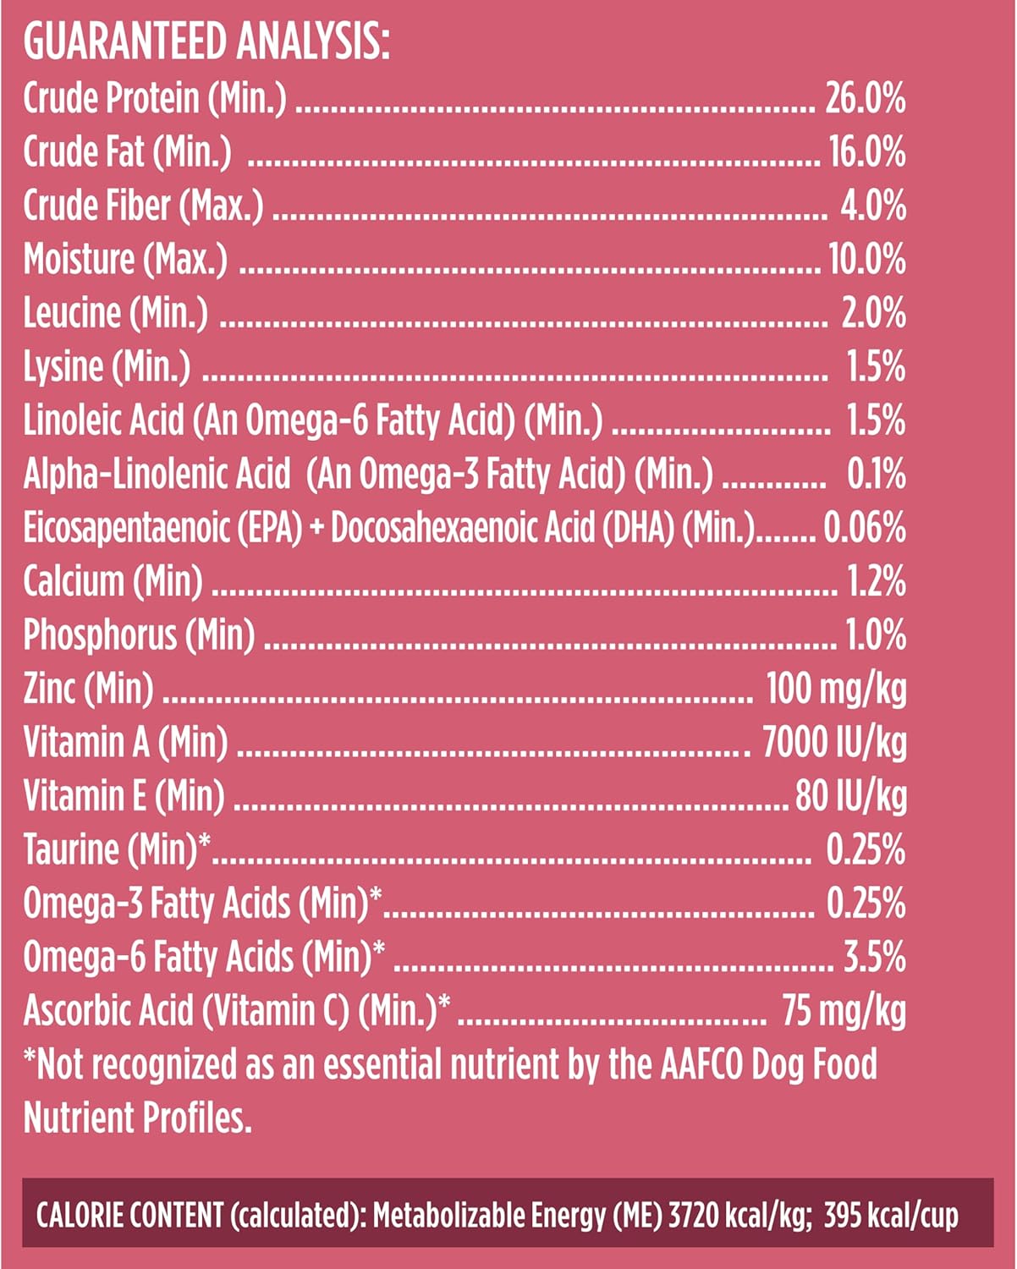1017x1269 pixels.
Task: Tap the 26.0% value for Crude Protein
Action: (865, 99)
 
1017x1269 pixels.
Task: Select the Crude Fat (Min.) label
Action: (127, 152)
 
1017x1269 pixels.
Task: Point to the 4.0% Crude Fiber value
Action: (872, 206)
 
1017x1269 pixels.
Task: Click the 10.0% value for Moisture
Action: (866, 260)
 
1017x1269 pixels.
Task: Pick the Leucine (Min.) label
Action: (115, 313)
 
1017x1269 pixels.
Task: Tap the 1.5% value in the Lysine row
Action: (876, 367)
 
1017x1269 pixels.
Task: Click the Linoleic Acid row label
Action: (312, 420)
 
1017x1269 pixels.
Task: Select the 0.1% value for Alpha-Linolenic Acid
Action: (876, 474)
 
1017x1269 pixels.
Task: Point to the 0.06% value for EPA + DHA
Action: (864, 528)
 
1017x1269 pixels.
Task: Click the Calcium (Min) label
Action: (113, 581)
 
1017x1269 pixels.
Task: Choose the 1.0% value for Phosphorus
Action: (876, 634)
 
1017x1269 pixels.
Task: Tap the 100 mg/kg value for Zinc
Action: (835, 689)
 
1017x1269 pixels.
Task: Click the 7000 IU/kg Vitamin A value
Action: (834, 742)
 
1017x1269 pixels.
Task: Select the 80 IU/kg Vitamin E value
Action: (850, 796)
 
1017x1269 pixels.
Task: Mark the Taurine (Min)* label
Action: (117, 849)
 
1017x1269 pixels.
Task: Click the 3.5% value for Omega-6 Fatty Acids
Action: (874, 957)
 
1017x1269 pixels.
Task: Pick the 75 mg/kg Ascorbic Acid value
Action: (844, 1010)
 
